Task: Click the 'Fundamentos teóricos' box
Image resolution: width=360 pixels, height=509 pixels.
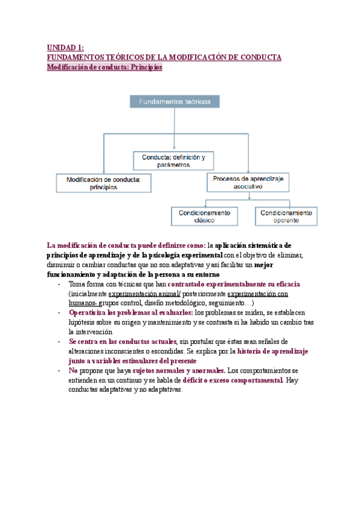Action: pyautogui.click(x=174, y=102)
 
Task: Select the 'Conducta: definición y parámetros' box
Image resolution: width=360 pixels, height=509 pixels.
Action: pyautogui.click(x=174, y=160)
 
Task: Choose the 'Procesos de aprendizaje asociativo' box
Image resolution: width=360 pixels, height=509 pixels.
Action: pyautogui.click(x=249, y=183)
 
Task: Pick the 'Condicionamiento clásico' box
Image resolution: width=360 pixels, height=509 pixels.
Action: pyautogui.click(x=205, y=216)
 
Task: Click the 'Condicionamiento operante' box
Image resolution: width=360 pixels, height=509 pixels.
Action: pyautogui.click(x=286, y=216)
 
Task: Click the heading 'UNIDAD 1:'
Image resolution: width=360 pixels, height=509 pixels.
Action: pyautogui.click(x=65, y=47)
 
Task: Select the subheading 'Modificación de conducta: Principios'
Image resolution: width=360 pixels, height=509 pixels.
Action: pyautogui.click(x=104, y=68)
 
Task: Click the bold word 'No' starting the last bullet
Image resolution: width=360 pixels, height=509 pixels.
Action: pyautogui.click(x=73, y=370)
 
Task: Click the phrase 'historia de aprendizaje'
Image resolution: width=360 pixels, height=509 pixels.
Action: pyautogui.click(x=274, y=351)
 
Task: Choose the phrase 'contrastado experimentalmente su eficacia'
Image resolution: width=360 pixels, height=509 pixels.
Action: pyautogui.click(x=234, y=284)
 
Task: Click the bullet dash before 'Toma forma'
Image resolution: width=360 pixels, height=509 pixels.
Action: pyautogui.click(x=58, y=285)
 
